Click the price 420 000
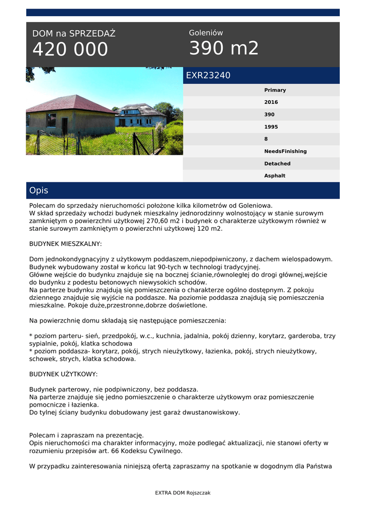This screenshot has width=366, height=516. [70, 49]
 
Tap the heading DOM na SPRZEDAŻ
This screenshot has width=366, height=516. [74, 34]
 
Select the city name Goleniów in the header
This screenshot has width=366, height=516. [206, 33]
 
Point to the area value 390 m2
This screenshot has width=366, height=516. [224, 48]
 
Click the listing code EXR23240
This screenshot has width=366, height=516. [208, 76]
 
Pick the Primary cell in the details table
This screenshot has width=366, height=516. [275, 90]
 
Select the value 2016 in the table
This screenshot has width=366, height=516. [271, 102]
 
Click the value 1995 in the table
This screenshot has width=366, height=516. [271, 127]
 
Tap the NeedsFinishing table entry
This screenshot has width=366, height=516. [285, 151]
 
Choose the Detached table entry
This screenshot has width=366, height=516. [277, 164]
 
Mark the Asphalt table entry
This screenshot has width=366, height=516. [275, 176]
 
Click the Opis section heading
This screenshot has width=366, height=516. [39, 190]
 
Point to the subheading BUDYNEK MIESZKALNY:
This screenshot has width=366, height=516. [66, 244]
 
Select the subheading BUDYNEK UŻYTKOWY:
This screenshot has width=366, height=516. [64, 374]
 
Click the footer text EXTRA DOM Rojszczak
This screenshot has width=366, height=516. [183, 493]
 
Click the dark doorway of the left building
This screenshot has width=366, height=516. [65, 126]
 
